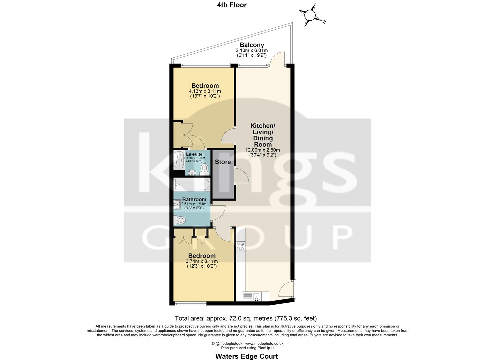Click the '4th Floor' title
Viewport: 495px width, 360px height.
point(231,5)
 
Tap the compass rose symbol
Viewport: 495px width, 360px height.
point(310,15)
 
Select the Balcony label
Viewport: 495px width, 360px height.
point(252,45)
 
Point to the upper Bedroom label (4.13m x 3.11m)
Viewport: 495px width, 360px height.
point(205,86)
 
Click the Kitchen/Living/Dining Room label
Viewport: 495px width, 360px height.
point(263,135)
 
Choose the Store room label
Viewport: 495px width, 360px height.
point(223,162)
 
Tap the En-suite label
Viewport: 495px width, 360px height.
point(194,154)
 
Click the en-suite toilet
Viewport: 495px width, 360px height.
point(204,169)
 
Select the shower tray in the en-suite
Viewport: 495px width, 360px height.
point(179,160)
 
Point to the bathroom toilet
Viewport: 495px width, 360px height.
point(180,220)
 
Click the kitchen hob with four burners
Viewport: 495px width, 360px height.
point(240,246)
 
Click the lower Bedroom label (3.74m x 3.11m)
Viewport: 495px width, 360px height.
point(202,256)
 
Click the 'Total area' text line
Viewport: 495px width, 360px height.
point(246,318)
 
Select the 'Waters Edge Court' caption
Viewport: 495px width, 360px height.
point(247,356)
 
